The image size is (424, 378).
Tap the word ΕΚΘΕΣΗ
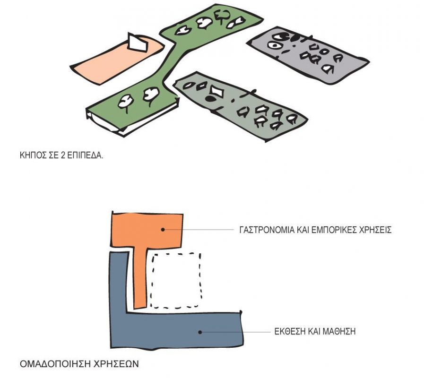coord(289,332)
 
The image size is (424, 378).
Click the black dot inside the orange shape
coord(163,229)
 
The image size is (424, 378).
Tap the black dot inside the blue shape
coord(200,332)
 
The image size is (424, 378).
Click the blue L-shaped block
coord(176,330)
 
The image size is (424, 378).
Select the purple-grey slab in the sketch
coord(308,55)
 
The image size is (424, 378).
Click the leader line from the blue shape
coord(235,332)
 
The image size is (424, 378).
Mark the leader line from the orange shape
coord(198,230)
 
